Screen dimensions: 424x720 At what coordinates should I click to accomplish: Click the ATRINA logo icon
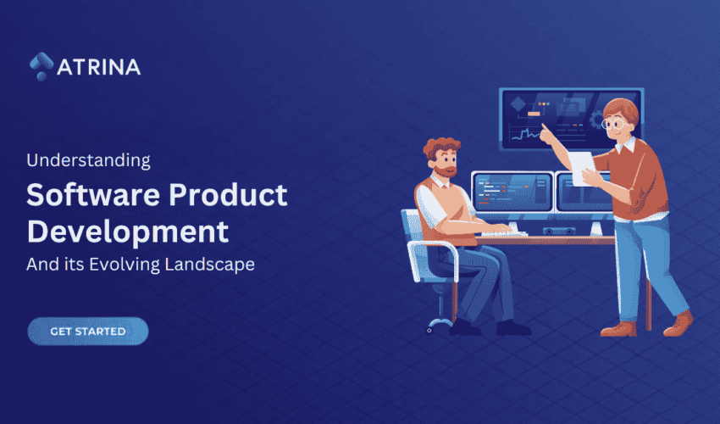pos(40,66)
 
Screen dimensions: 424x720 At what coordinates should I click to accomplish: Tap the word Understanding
pos(88,159)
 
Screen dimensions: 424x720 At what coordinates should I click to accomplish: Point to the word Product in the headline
pos(236,196)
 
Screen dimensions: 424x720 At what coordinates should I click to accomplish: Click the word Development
pos(127,231)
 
